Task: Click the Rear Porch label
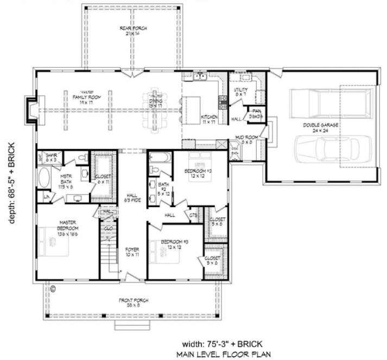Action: pyautogui.click(x=133, y=30)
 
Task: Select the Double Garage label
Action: pyautogui.click(x=321, y=127)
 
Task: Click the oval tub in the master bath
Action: pyautogui.click(x=45, y=178)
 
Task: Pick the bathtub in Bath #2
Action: pyautogui.click(x=159, y=159)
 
